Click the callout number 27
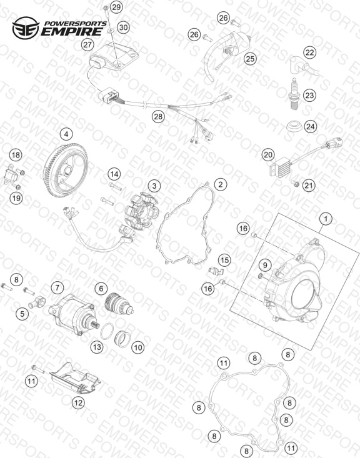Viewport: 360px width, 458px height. pyautogui.click(x=87, y=45)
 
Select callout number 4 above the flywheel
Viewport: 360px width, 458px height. pyautogui.click(x=66, y=134)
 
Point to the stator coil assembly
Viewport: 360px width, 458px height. pyautogui.click(x=141, y=212)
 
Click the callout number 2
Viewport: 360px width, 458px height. pyautogui.click(x=221, y=184)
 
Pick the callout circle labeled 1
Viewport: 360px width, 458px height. pyautogui.click(x=326, y=219)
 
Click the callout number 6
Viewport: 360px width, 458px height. pyautogui.click(x=101, y=289)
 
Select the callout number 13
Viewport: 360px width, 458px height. pyautogui.click(x=97, y=347)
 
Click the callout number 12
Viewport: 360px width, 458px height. pyautogui.click(x=78, y=403)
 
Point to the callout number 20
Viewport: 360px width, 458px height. pyautogui.click(x=268, y=155)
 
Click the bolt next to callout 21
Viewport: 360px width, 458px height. pyautogui.click(x=295, y=184)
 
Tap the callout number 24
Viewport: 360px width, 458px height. pyautogui.click(x=311, y=126)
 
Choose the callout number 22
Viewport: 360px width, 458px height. pyautogui.click(x=309, y=52)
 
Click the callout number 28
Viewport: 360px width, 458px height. pyautogui.click(x=158, y=117)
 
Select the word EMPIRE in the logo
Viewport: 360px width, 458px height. pyautogui.click(x=72, y=31)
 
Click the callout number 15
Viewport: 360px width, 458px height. pyautogui.click(x=225, y=260)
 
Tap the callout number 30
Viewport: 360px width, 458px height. pyautogui.click(x=124, y=27)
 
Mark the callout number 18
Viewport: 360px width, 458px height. pyautogui.click(x=16, y=154)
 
